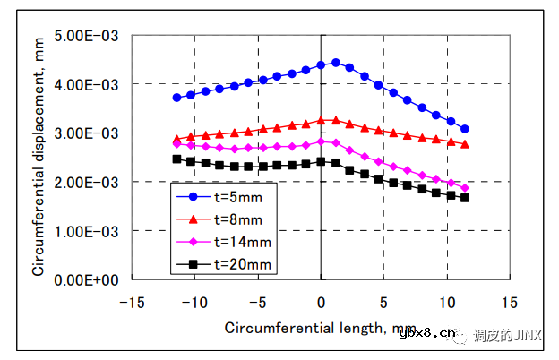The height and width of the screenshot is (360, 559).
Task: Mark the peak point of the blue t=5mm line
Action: pyautogui.click(x=335, y=63)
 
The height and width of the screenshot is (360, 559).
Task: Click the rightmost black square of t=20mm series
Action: pyautogui.click(x=465, y=198)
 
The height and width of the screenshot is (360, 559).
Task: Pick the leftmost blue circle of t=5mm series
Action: pyautogui.click(x=176, y=98)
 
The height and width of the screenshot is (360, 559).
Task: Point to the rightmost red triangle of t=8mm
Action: pyautogui.click(x=465, y=143)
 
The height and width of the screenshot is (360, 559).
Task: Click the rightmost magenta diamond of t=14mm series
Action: pyautogui.click(x=465, y=188)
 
